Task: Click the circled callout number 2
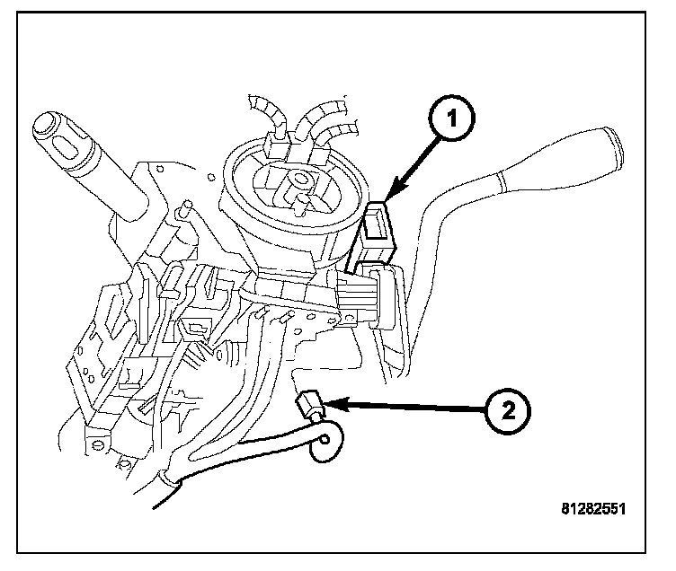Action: point(509,411)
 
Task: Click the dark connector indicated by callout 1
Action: point(378,224)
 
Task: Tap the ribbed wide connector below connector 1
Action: point(369,296)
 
